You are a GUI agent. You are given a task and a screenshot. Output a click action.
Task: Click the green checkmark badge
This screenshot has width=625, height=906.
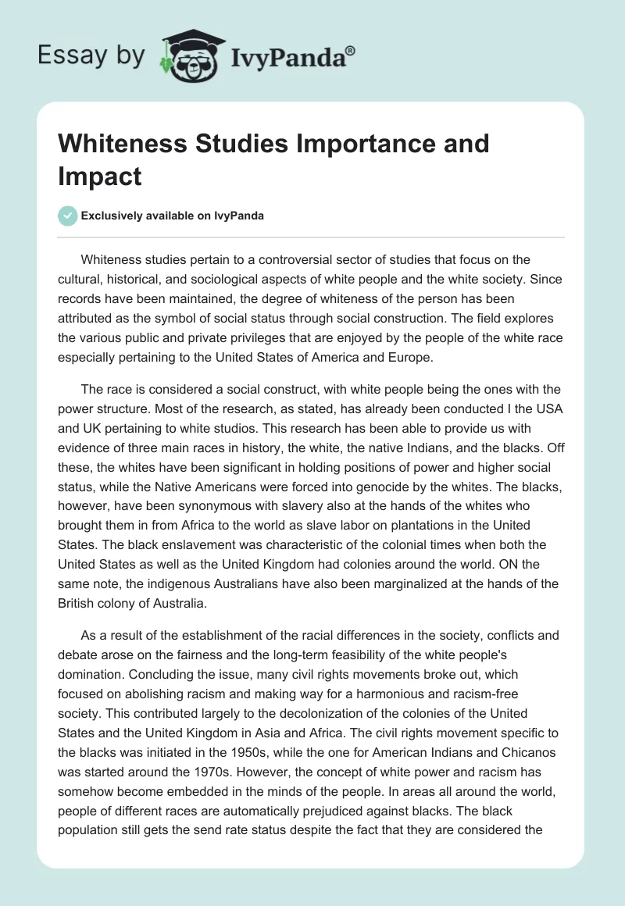(67, 216)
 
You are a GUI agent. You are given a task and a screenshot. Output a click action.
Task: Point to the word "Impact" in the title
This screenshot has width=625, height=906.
(98, 176)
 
